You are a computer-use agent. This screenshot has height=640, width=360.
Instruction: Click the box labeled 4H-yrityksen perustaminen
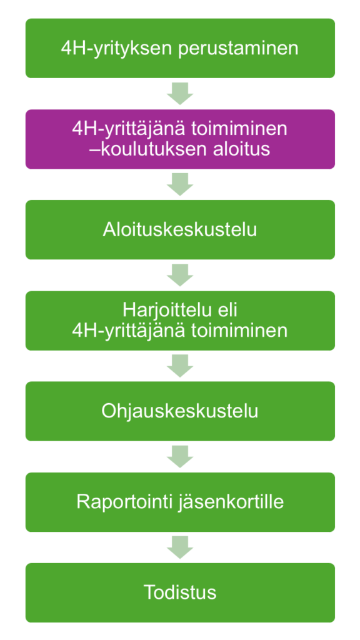point(180,48)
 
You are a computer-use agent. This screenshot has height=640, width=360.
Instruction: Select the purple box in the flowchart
point(180,139)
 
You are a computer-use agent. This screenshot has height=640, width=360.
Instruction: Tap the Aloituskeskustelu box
point(180,230)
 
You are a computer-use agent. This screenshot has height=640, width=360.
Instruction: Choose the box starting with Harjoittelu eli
point(180,321)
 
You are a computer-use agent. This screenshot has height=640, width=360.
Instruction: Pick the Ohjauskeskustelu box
point(180,411)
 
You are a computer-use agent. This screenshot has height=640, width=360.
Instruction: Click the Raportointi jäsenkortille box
point(180,502)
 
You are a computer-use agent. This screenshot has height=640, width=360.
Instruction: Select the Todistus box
point(180,592)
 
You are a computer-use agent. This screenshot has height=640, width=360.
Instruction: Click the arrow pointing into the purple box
point(180,94)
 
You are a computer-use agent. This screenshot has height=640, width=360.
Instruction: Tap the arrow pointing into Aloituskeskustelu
point(180,184)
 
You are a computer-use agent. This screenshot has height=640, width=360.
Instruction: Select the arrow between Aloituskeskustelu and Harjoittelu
point(180,275)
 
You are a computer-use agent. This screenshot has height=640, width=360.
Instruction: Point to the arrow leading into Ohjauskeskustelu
point(180,366)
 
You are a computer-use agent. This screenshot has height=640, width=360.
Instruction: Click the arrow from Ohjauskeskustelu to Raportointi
point(180,456)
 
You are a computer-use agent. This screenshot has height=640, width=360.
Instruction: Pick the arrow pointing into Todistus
point(180,547)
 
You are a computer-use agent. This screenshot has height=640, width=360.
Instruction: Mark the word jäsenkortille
point(231,502)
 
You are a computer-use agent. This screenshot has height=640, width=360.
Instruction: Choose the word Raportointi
point(125,502)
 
